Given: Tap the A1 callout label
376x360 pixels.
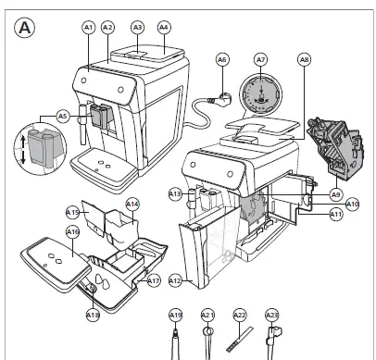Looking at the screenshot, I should point(90,29).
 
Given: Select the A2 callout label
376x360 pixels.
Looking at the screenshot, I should point(107,29).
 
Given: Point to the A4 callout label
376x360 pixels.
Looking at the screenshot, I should point(164,28).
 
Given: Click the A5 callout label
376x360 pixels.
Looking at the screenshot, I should point(62,117).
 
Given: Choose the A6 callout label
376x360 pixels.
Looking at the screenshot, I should point(222,60).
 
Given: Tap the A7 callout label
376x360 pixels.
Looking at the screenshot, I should point(261,60).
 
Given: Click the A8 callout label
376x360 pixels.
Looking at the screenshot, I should point(306,60).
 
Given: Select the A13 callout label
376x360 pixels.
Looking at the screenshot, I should point(175,193).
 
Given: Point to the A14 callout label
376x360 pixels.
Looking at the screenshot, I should point(132,204).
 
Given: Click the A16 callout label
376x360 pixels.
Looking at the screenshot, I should point(71,231).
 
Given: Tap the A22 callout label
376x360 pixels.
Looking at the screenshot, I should point(240,316).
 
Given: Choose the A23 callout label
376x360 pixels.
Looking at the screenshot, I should point(272,316).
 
